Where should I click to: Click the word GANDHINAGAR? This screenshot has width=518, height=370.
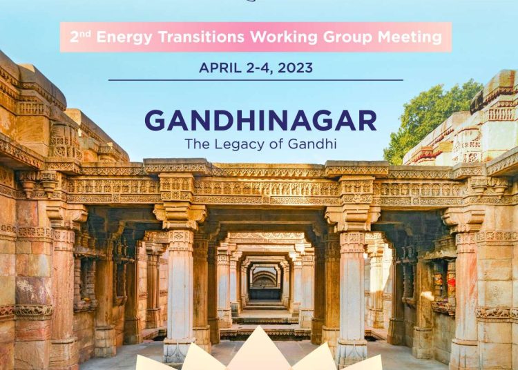pyautogui.click(x=260, y=121)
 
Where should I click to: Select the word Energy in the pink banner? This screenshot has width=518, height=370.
pyautogui.click(x=124, y=37)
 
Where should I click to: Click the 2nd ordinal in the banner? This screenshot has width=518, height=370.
pyautogui.click(x=80, y=37)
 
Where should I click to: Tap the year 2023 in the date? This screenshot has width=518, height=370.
pyautogui.click(x=295, y=68)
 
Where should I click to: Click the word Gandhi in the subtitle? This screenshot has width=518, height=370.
pyautogui.click(x=312, y=144)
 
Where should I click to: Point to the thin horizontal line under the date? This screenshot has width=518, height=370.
pyautogui.click(x=256, y=80)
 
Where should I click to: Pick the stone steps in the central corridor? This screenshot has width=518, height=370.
pyautogui.click(x=265, y=313)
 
